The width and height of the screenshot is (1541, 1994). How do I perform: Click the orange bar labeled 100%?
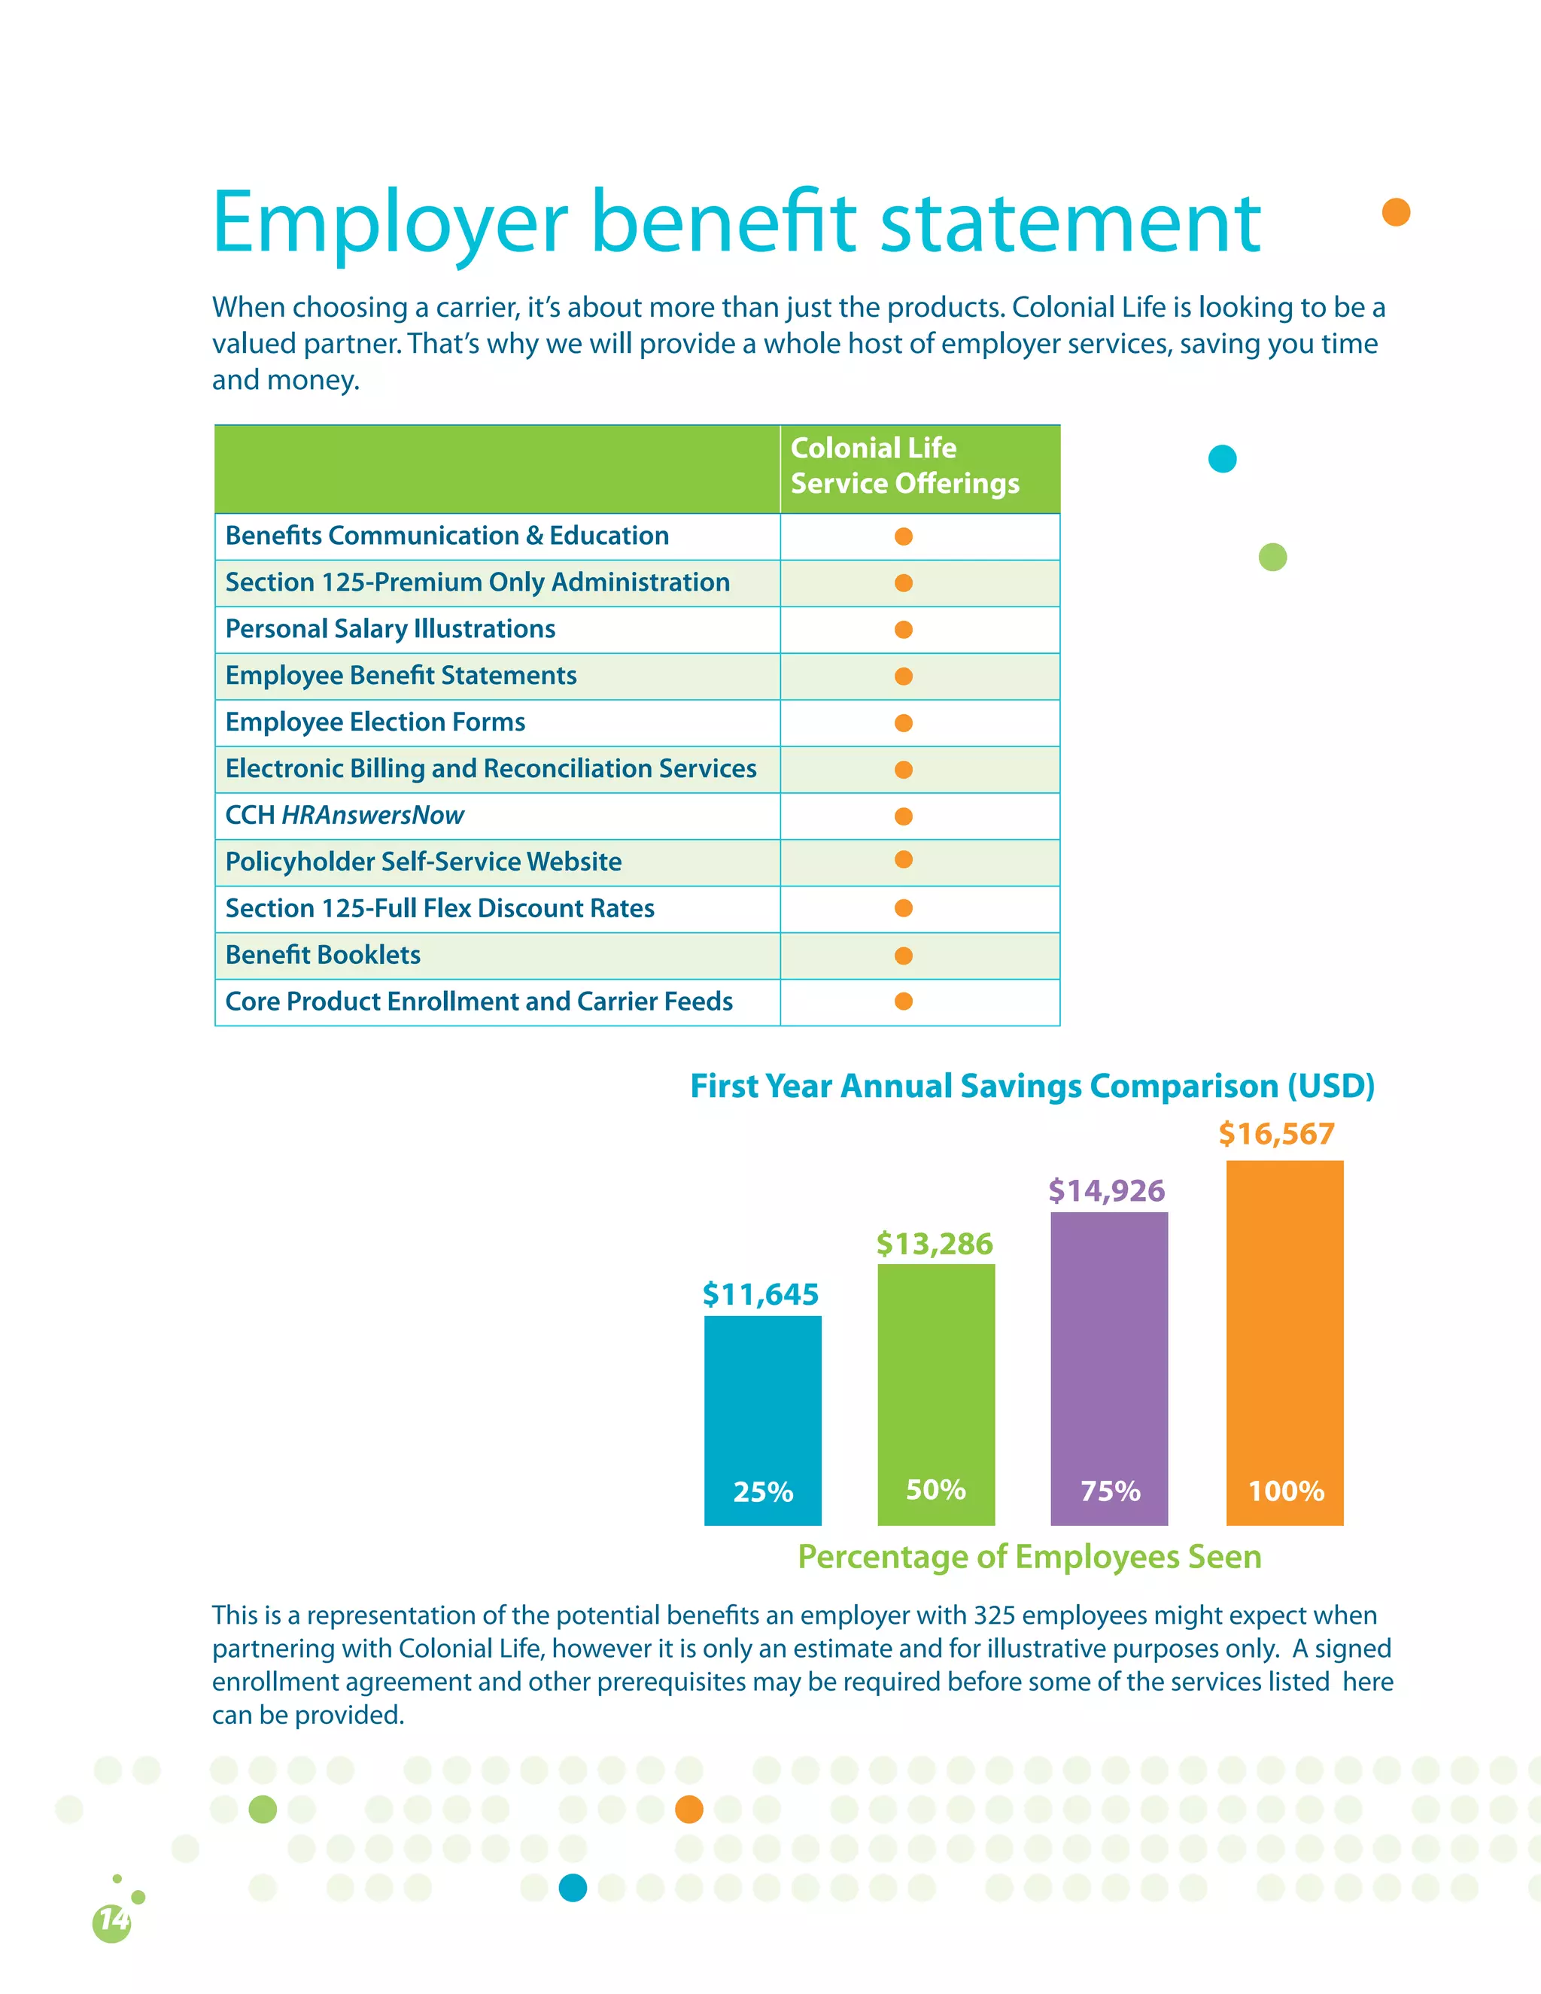click(1284, 1342)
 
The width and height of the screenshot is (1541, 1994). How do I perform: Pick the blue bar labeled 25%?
click(762, 1420)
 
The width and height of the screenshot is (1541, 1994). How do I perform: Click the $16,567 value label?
click(1276, 1134)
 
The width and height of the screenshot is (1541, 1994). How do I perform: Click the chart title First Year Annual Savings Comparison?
click(1032, 1086)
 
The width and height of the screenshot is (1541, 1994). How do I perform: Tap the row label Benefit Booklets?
click(323, 955)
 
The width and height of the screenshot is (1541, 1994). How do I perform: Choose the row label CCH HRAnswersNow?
click(345, 816)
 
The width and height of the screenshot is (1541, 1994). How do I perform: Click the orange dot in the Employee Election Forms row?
click(904, 723)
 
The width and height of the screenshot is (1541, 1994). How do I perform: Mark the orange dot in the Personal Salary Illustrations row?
click(904, 630)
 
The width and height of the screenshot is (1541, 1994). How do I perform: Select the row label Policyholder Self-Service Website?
click(424, 862)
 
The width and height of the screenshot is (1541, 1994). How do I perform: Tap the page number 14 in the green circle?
click(112, 1920)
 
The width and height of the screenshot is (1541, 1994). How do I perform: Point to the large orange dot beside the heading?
click(1396, 212)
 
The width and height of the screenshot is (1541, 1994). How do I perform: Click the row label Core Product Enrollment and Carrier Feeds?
click(479, 1002)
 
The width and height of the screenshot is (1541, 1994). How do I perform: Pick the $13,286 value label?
click(934, 1244)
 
